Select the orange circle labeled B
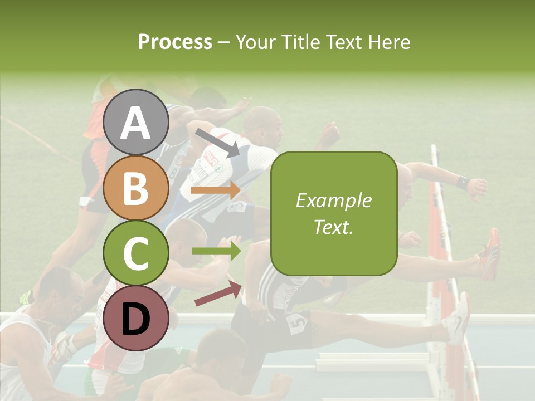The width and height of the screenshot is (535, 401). (x=135, y=188)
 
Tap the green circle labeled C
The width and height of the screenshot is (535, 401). (x=135, y=253)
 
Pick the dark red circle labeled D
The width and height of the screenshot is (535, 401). (x=135, y=319)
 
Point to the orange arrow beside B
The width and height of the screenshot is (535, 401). (x=216, y=190)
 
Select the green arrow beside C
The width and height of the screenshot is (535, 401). (x=216, y=251)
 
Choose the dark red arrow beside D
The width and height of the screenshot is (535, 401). (x=218, y=294)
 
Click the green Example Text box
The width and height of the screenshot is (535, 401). (x=333, y=213)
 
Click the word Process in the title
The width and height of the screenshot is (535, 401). (x=175, y=42)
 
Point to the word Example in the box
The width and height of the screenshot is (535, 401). (x=333, y=200)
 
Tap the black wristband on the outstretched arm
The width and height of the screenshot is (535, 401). (x=462, y=182)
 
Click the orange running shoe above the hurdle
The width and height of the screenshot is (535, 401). (x=490, y=253)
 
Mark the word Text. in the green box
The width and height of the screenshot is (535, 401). (x=333, y=227)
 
